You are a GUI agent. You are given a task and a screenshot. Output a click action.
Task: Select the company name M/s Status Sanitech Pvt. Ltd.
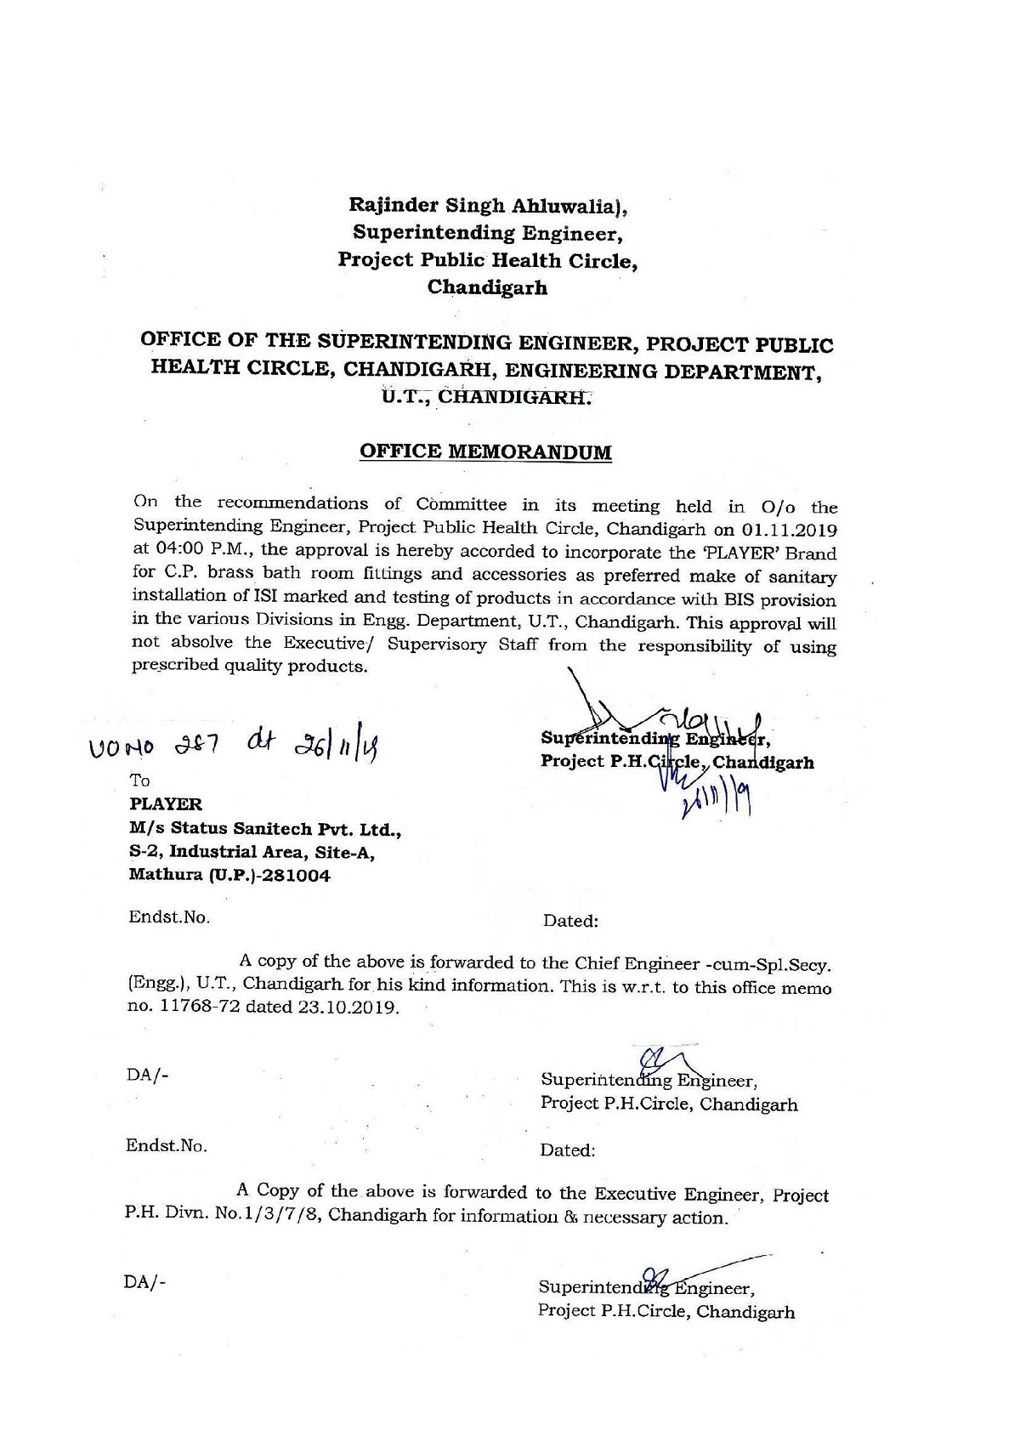point(265,828)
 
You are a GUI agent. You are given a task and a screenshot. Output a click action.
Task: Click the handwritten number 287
point(201,749)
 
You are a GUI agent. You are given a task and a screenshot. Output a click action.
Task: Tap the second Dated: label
point(567,1151)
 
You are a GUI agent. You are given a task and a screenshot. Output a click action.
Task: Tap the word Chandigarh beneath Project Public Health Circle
point(487,287)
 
